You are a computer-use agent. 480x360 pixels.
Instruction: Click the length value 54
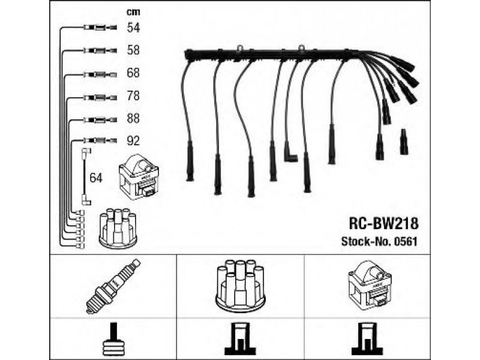click(133, 27)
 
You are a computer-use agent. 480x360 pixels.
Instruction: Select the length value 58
click(133, 50)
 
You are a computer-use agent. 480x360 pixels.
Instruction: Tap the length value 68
click(133, 73)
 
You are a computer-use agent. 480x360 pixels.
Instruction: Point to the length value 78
click(133, 96)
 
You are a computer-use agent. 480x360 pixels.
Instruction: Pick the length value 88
click(133, 119)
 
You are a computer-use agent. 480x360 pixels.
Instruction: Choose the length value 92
click(133, 142)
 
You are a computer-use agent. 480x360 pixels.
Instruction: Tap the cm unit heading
click(133, 12)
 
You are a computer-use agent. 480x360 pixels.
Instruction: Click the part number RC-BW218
click(383, 223)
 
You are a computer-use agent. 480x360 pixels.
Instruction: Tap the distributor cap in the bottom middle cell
click(239, 286)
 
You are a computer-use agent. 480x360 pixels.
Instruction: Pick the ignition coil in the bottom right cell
click(368, 286)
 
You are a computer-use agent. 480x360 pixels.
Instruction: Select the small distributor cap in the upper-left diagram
click(117, 228)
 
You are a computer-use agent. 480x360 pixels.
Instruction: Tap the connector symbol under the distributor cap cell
click(239, 340)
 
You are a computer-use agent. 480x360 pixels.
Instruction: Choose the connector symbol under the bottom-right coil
click(368, 340)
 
